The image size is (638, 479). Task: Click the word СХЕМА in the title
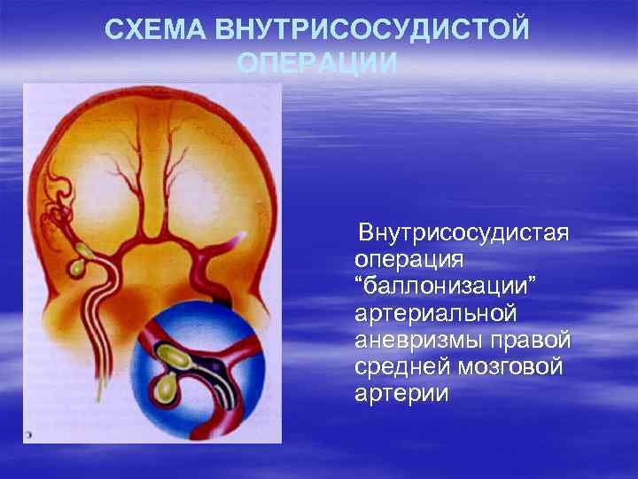(x=157, y=29)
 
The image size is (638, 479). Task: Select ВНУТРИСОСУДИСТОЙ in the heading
(x=372, y=29)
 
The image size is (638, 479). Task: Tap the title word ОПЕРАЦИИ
(x=317, y=64)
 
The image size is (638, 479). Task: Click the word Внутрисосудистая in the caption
(x=463, y=235)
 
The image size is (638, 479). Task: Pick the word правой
(x=535, y=342)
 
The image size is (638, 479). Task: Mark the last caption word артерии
(x=401, y=394)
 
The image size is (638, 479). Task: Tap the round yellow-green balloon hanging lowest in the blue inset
(x=164, y=387)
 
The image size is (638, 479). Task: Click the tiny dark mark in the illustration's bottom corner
(x=28, y=436)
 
